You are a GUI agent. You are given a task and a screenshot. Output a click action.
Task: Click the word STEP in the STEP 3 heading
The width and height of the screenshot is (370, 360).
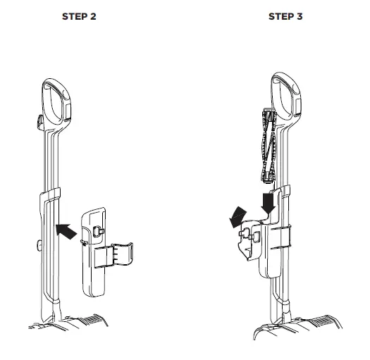pyautogui.click(x=280, y=15)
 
